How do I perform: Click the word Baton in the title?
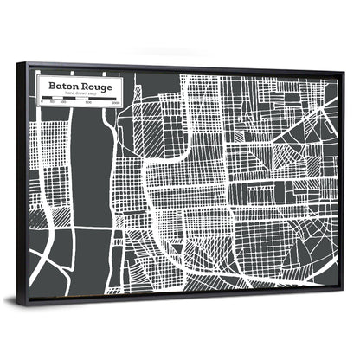[x=66, y=87]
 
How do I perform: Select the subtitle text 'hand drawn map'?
[x=83, y=94]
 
